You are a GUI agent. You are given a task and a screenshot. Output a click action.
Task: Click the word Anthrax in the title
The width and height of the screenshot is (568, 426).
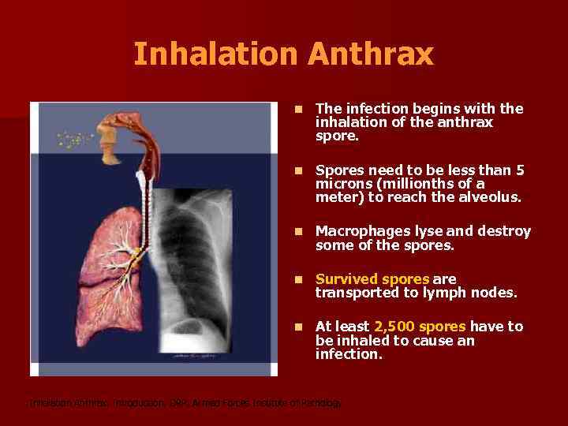pyautogui.click(x=371, y=54)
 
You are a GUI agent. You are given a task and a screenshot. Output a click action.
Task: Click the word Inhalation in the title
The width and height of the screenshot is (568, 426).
pyautogui.click(x=215, y=54)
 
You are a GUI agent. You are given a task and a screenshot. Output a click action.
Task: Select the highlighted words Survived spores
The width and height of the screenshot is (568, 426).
pyautogui.click(x=372, y=279)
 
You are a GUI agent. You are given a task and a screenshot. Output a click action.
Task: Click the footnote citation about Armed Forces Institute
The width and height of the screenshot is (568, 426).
pyautogui.click(x=186, y=403)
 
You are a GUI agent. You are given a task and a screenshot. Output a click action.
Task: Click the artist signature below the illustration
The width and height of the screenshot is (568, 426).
pyautogui.click(x=192, y=356)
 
